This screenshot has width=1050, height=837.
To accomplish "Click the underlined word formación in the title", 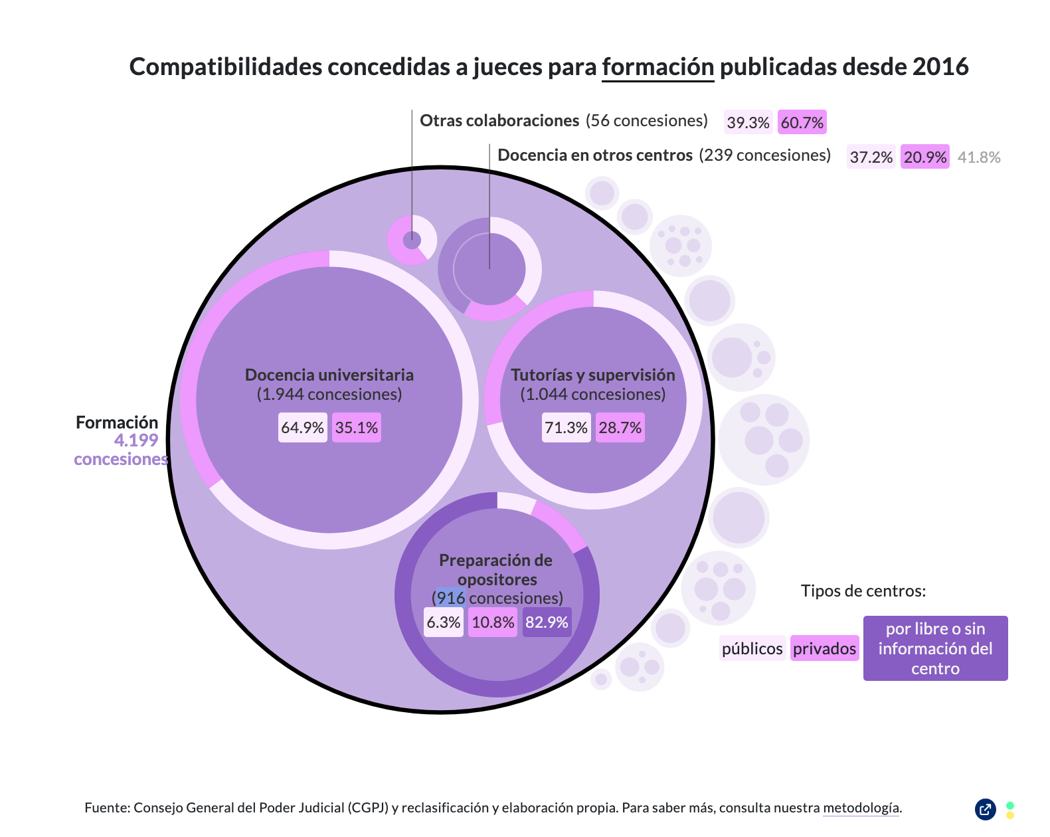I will click(657, 67).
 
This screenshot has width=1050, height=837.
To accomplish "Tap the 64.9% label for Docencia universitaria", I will click(302, 428).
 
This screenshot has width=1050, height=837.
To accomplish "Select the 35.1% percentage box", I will click(356, 428).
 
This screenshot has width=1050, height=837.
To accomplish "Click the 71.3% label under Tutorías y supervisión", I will click(566, 428).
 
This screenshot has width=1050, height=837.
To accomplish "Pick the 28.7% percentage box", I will click(620, 428).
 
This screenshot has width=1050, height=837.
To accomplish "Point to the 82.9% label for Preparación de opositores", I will click(547, 622).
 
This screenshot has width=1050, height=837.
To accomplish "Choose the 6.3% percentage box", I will click(443, 622).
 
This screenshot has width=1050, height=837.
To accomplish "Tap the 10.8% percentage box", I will click(493, 622).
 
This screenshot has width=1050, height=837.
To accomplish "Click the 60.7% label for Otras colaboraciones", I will click(802, 122).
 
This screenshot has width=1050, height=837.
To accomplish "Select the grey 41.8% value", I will click(978, 157).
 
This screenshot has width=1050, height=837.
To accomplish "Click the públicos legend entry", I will click(752, 648).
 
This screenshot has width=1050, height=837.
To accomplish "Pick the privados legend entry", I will click(824, 648).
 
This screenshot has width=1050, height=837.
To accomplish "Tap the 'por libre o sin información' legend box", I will click(935, 648).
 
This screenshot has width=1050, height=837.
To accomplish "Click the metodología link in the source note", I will click(861, 808).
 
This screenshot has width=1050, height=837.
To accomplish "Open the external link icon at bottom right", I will click(985, 809).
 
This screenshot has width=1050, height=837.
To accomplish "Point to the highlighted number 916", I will click(451, 598).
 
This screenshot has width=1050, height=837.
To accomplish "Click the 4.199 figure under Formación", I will click(136, 440).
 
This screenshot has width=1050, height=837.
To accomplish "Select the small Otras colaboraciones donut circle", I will click(412, 240).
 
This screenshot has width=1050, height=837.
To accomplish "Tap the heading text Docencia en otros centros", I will click(595, 155).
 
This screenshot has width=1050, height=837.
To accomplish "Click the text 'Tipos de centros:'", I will click(863, 591).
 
